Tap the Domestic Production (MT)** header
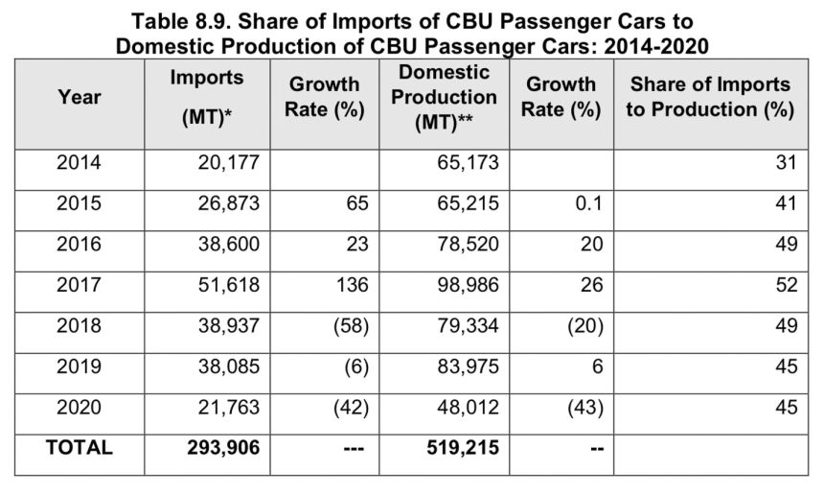coord(444,98)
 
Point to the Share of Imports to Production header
coord(709,97)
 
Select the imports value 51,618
coord(221,285)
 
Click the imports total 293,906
coord(215,447)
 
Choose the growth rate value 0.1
coord(588,204)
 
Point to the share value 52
coord(786,285)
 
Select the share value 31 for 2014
coord(787,163)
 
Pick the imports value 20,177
coord(221,163)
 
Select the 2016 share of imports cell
coord(786,245)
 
